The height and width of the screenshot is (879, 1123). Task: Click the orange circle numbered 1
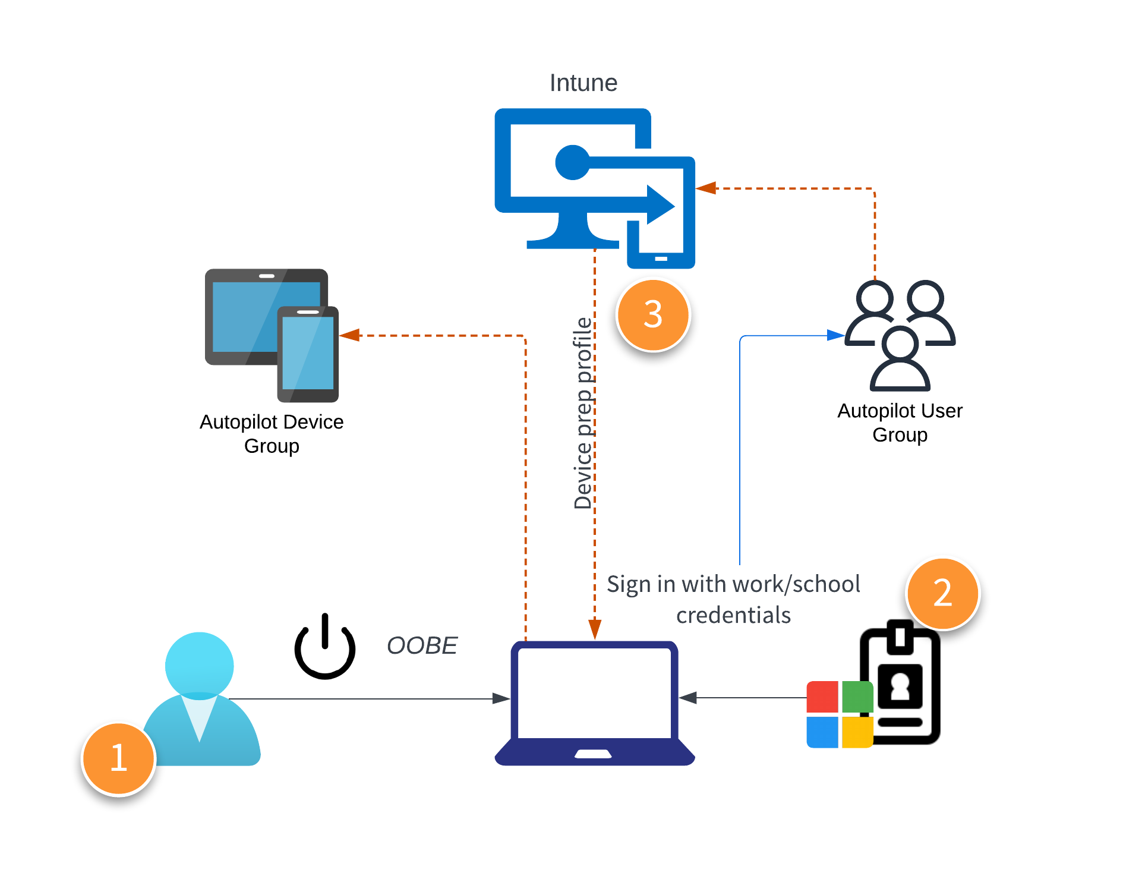pyautogui.click(x=119, y=758)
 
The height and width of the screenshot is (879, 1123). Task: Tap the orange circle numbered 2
pyautogui.click(x=942, y=593)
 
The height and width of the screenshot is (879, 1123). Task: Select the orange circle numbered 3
pyautogui.click(x=653, y=314)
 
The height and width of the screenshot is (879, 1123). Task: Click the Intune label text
pyautogui.click(x=583, y=83)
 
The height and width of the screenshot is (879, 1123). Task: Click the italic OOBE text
pyautogui.click(x=422, y=646)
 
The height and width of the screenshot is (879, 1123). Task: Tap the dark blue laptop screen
pyautogui.click(x=594, y=692)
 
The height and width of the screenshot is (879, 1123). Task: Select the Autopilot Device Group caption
pyautogui.click(x=272, y=433)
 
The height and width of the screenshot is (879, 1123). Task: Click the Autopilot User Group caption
pyautogui.click(x=900, y=422)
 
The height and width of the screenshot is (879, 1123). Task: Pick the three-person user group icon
pyautogui.click(x=900, y=335)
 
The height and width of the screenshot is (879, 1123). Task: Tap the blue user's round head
pyautogui.click(x=199, y=664)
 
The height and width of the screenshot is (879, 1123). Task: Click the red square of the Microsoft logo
pyautogui.click(x=822, y=697)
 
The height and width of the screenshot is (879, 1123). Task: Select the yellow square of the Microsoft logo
pyautogui.click(x=857, y=732)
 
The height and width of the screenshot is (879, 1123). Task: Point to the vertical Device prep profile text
pyautogui.click(x=583, y=413)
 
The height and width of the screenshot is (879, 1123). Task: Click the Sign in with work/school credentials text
pyautogui.click(x=733, y=599)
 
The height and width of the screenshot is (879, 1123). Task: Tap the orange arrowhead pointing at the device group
pyautogui.click(x=350, y=335)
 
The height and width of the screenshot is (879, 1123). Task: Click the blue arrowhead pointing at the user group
pyautogui.click(x=835, y=335)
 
